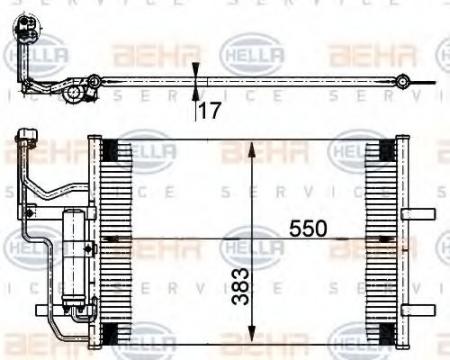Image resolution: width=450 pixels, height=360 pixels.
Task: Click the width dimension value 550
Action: [308, 227]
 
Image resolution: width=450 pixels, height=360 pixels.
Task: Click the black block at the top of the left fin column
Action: [110, 151]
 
